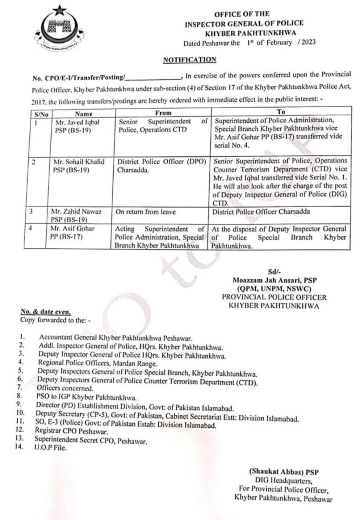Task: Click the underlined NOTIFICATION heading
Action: coord(190,60)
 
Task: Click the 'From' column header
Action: coord(163,113)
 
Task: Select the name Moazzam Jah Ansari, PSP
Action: coord(274,280)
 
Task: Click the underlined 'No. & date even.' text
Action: coord(46,312)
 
